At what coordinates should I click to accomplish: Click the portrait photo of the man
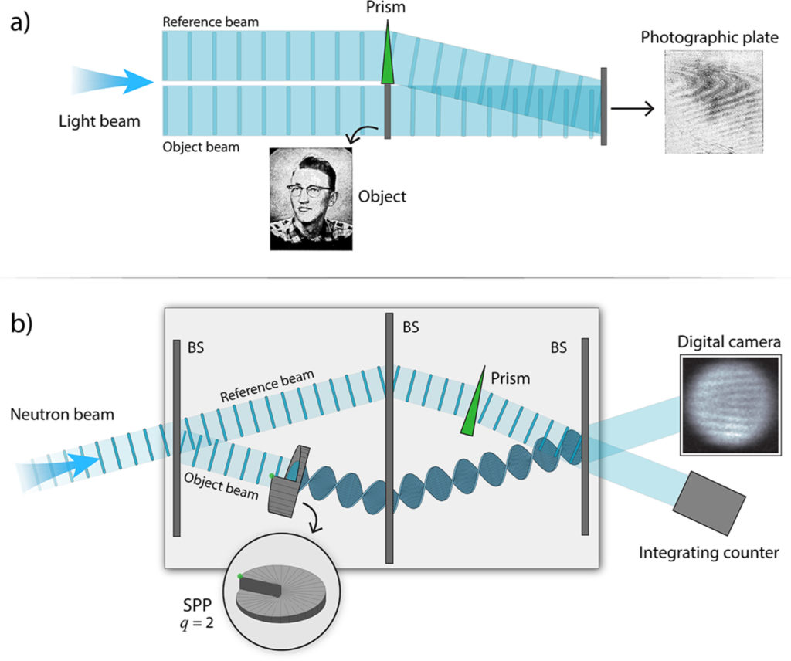click(x=311, y=198)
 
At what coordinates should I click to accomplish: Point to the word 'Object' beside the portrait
click(x=382, y=196)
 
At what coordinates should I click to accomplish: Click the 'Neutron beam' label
click(x=63, y=415)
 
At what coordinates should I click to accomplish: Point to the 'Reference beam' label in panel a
click(x=210, y=22)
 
